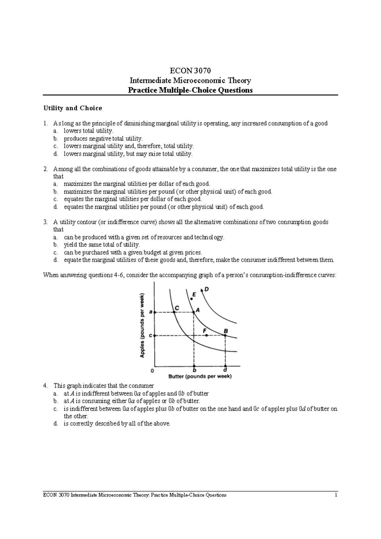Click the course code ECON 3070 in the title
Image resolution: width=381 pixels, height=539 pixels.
[190, 70]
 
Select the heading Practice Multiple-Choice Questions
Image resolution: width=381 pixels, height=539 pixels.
[190, 90]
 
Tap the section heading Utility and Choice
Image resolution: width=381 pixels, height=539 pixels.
[73, 108]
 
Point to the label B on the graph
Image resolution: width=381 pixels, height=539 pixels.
[226, 331]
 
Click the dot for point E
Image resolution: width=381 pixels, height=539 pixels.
[191, 299]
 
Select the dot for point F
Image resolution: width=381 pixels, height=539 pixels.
[206, 335]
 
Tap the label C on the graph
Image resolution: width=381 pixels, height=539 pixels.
[177, 308]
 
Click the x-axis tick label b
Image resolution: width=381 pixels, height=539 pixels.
[194, 370]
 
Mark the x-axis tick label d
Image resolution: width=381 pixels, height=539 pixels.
[225, 370]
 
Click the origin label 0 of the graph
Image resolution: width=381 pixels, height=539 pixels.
[152, 371]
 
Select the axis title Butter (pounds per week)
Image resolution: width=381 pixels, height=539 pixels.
[200, 377]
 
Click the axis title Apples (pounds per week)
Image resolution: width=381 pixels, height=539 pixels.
[142, 326]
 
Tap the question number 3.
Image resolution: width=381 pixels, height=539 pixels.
[45, 222]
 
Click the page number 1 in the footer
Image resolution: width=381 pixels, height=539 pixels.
[336, 495]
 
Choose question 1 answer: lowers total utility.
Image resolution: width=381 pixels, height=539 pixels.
[88, 131]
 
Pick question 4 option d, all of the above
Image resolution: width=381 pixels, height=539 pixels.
[117, 424]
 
